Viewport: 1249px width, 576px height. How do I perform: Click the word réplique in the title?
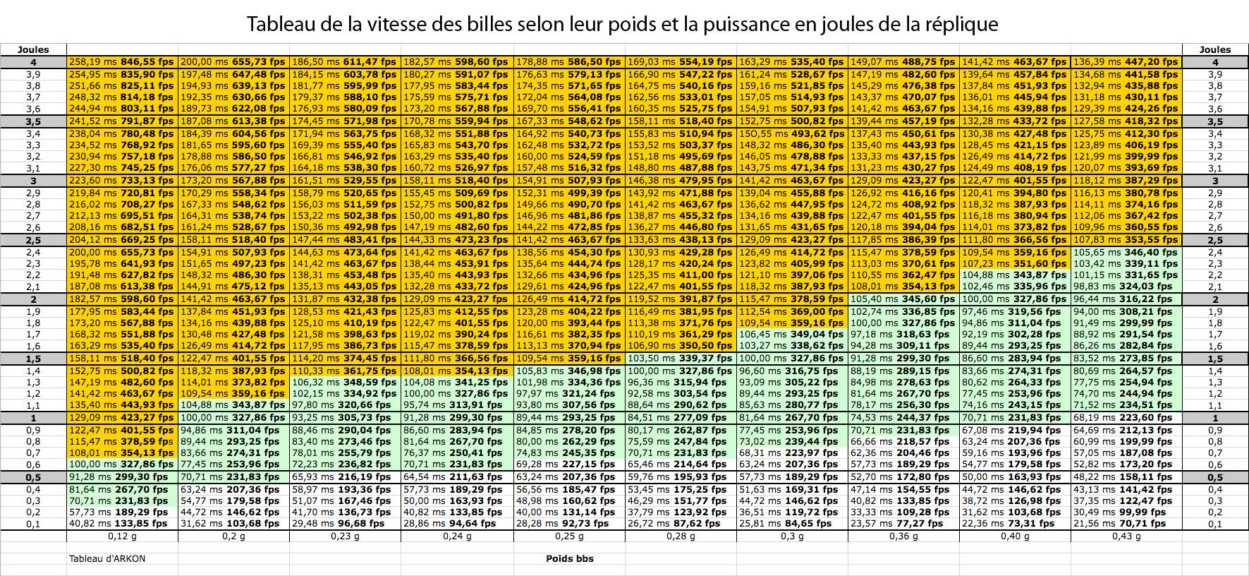point(962,25)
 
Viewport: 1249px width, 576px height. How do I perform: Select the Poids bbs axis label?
point(569,558)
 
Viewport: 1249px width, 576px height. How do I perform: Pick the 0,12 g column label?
point(122,536)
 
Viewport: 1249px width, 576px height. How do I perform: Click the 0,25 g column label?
point(569,536)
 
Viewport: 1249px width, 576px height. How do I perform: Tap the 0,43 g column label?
point(1126,536)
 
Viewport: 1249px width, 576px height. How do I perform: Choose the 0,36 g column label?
point(903,536)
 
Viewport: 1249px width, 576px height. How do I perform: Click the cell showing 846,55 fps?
point(122,62)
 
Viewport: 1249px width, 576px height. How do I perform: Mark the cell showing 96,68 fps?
point(345,524)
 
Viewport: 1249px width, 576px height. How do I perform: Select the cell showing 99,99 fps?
point(1126,512)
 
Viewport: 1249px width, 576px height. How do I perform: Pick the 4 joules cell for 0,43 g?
point(1126,62)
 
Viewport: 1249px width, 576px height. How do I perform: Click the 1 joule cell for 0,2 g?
point(233,417)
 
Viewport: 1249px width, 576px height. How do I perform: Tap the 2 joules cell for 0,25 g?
point(569,299)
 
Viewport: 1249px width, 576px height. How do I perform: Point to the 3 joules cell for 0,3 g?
point(792,181)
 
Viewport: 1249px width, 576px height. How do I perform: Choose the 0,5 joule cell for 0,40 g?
point(1015,476)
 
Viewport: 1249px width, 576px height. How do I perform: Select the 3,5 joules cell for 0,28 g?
point(681,121)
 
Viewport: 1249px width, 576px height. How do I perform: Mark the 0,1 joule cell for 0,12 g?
point(122,524)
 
